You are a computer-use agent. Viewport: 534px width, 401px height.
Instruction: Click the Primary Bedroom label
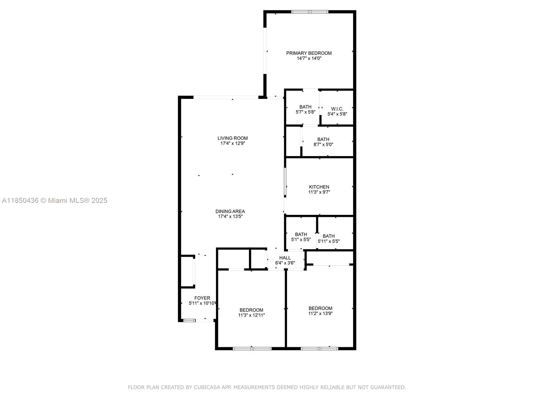click(x=309, y=53)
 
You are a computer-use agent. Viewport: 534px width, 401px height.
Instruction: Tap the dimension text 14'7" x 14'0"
click(x=309, y=58)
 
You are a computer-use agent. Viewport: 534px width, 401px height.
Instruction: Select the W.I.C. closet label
click(x=337, y=109)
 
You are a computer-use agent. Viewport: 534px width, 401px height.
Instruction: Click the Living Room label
click(x=233, y=138)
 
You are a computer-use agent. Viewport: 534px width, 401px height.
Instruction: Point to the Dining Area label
click(x=230, y=211)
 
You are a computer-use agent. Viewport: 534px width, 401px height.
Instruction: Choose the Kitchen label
click(x=319, y=187)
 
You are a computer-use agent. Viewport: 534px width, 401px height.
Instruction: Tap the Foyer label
click(x=202, y=298)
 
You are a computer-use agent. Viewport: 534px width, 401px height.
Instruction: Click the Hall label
click(x=285, y=258)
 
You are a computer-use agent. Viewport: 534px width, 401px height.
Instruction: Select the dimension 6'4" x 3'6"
click(x=285, y=263)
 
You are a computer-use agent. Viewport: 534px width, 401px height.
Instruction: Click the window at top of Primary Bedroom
click(x=309, y=12)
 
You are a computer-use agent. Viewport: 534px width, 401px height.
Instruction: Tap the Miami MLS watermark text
click(x=54, y=200)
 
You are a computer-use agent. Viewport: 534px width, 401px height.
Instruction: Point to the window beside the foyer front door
click(x=189, y=320)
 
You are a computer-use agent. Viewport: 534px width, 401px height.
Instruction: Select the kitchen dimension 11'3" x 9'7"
click(x=319, y=192)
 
